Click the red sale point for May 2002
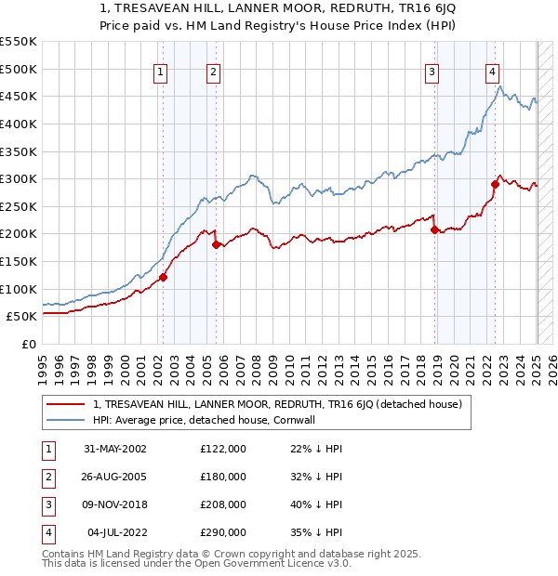tap(163, 276)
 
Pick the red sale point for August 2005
tap(217, 244)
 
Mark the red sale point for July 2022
tap(495, 184)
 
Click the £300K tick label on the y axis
tap(19, 178)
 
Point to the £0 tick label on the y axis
tap(28, 344)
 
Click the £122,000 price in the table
tap(223, 449)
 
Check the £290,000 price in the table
tap(223, 532)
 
